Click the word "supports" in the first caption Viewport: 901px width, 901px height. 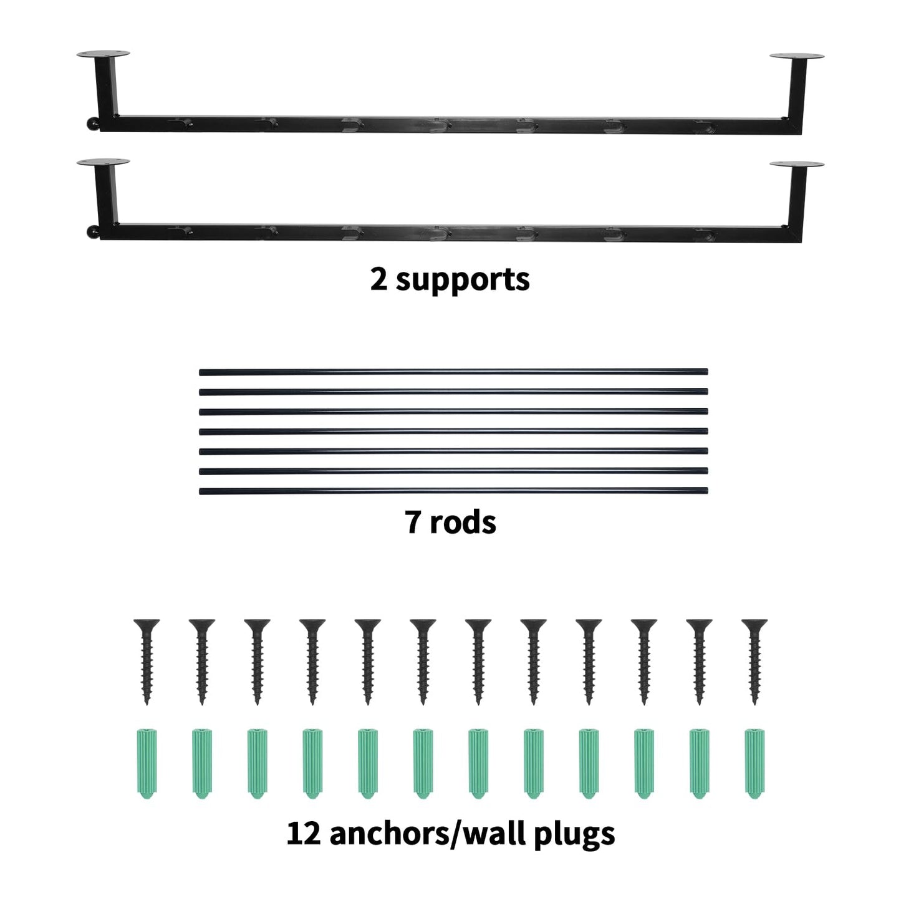pyautogui.click(x=463, y=281)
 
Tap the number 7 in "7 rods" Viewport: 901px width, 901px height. pyautogui.click(x=413, y=522)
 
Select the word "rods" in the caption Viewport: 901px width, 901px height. pyautogui.click(x=463, y=522)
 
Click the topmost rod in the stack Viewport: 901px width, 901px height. pyautogui.click(x=453, y=372)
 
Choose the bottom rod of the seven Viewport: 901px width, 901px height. pyautogui.click(x=453, y=491)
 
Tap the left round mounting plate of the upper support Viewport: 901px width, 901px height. pyautogui.click(x=104, y=54)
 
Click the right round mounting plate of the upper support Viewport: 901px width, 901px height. pyautogui.click(x=797, y=57)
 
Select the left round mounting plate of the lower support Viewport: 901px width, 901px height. pyautogui.click(x=104, y=162)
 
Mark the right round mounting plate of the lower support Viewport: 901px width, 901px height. pyautogui.click(x=797, y=165)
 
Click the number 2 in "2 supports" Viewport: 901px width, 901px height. pyautogui.click(x=378, y=280)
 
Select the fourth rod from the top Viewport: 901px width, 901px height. pyautogui.click(x=453, y=431)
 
